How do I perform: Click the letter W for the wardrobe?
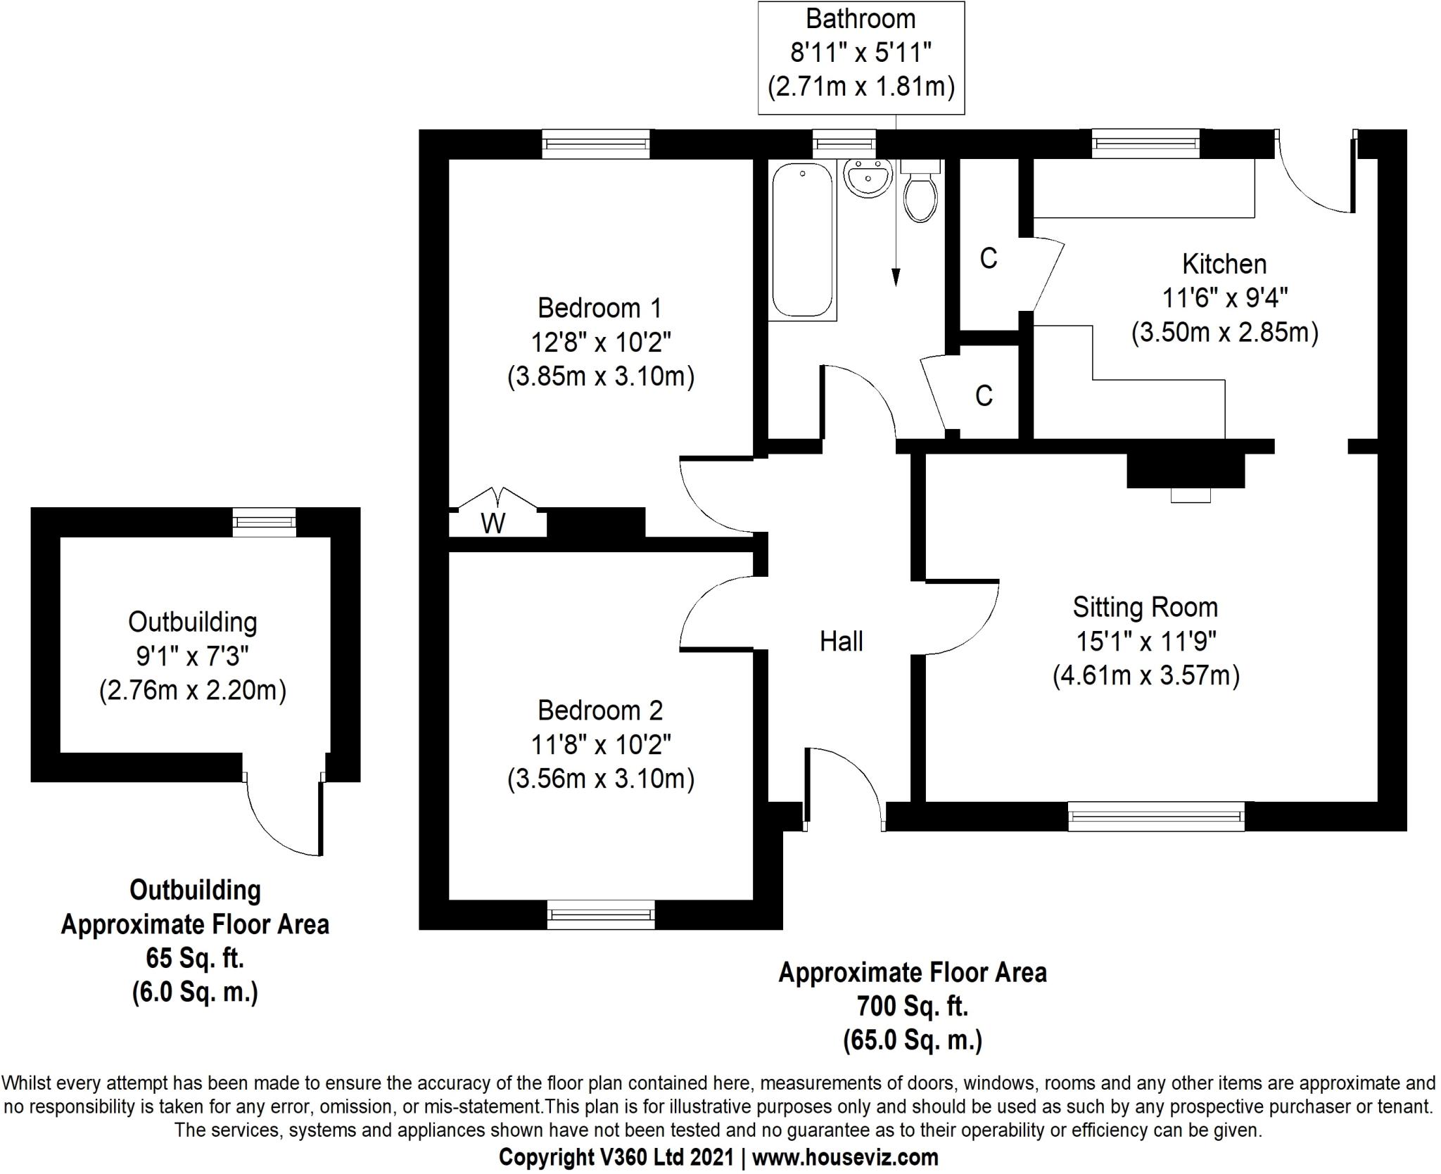(x=493, y=523)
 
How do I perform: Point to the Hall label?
(x=841, y=641)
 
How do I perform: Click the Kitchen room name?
(x=1224, y=264)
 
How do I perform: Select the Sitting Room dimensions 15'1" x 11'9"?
(x=1146, y=641)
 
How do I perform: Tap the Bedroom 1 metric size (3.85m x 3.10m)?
(x=601, y=377)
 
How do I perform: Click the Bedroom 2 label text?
(x=600, y=710)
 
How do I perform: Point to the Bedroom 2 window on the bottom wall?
(x=601, y=914)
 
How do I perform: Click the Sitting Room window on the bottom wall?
(x=1156, y=816)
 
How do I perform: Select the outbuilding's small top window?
(x=265, y=522)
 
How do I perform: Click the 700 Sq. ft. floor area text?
(x=913, y=1007)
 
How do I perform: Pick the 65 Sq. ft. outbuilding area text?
(x=195, y=958)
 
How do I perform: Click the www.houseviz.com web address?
(x=845, y=1157)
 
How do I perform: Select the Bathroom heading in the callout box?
(x=861, y=19)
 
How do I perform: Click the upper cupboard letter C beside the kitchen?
(x=989, y=259)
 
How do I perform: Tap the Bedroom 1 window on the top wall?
(x=596, y=144)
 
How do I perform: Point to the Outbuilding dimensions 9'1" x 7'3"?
(x=193, y=656)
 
